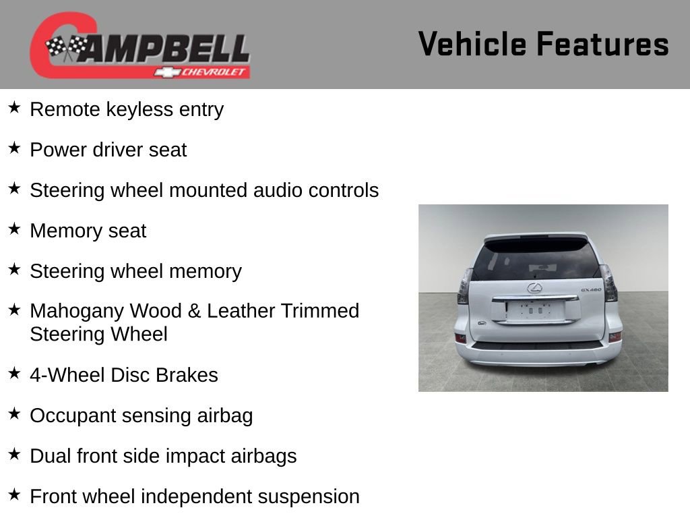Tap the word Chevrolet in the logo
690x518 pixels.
tap(214, 72)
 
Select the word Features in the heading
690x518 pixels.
tap(602, 45)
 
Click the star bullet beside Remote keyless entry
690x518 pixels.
tap(14, 108)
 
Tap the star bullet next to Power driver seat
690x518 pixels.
tap(14, 148)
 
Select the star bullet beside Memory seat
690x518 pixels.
tap(14, 229)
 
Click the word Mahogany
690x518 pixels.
tap(77, 311)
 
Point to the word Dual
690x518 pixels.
tap(50, 456)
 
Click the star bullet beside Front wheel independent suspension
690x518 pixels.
tap(14, 495)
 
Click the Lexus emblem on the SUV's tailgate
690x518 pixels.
tap(534, 289)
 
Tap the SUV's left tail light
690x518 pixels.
tap(464, 286)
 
